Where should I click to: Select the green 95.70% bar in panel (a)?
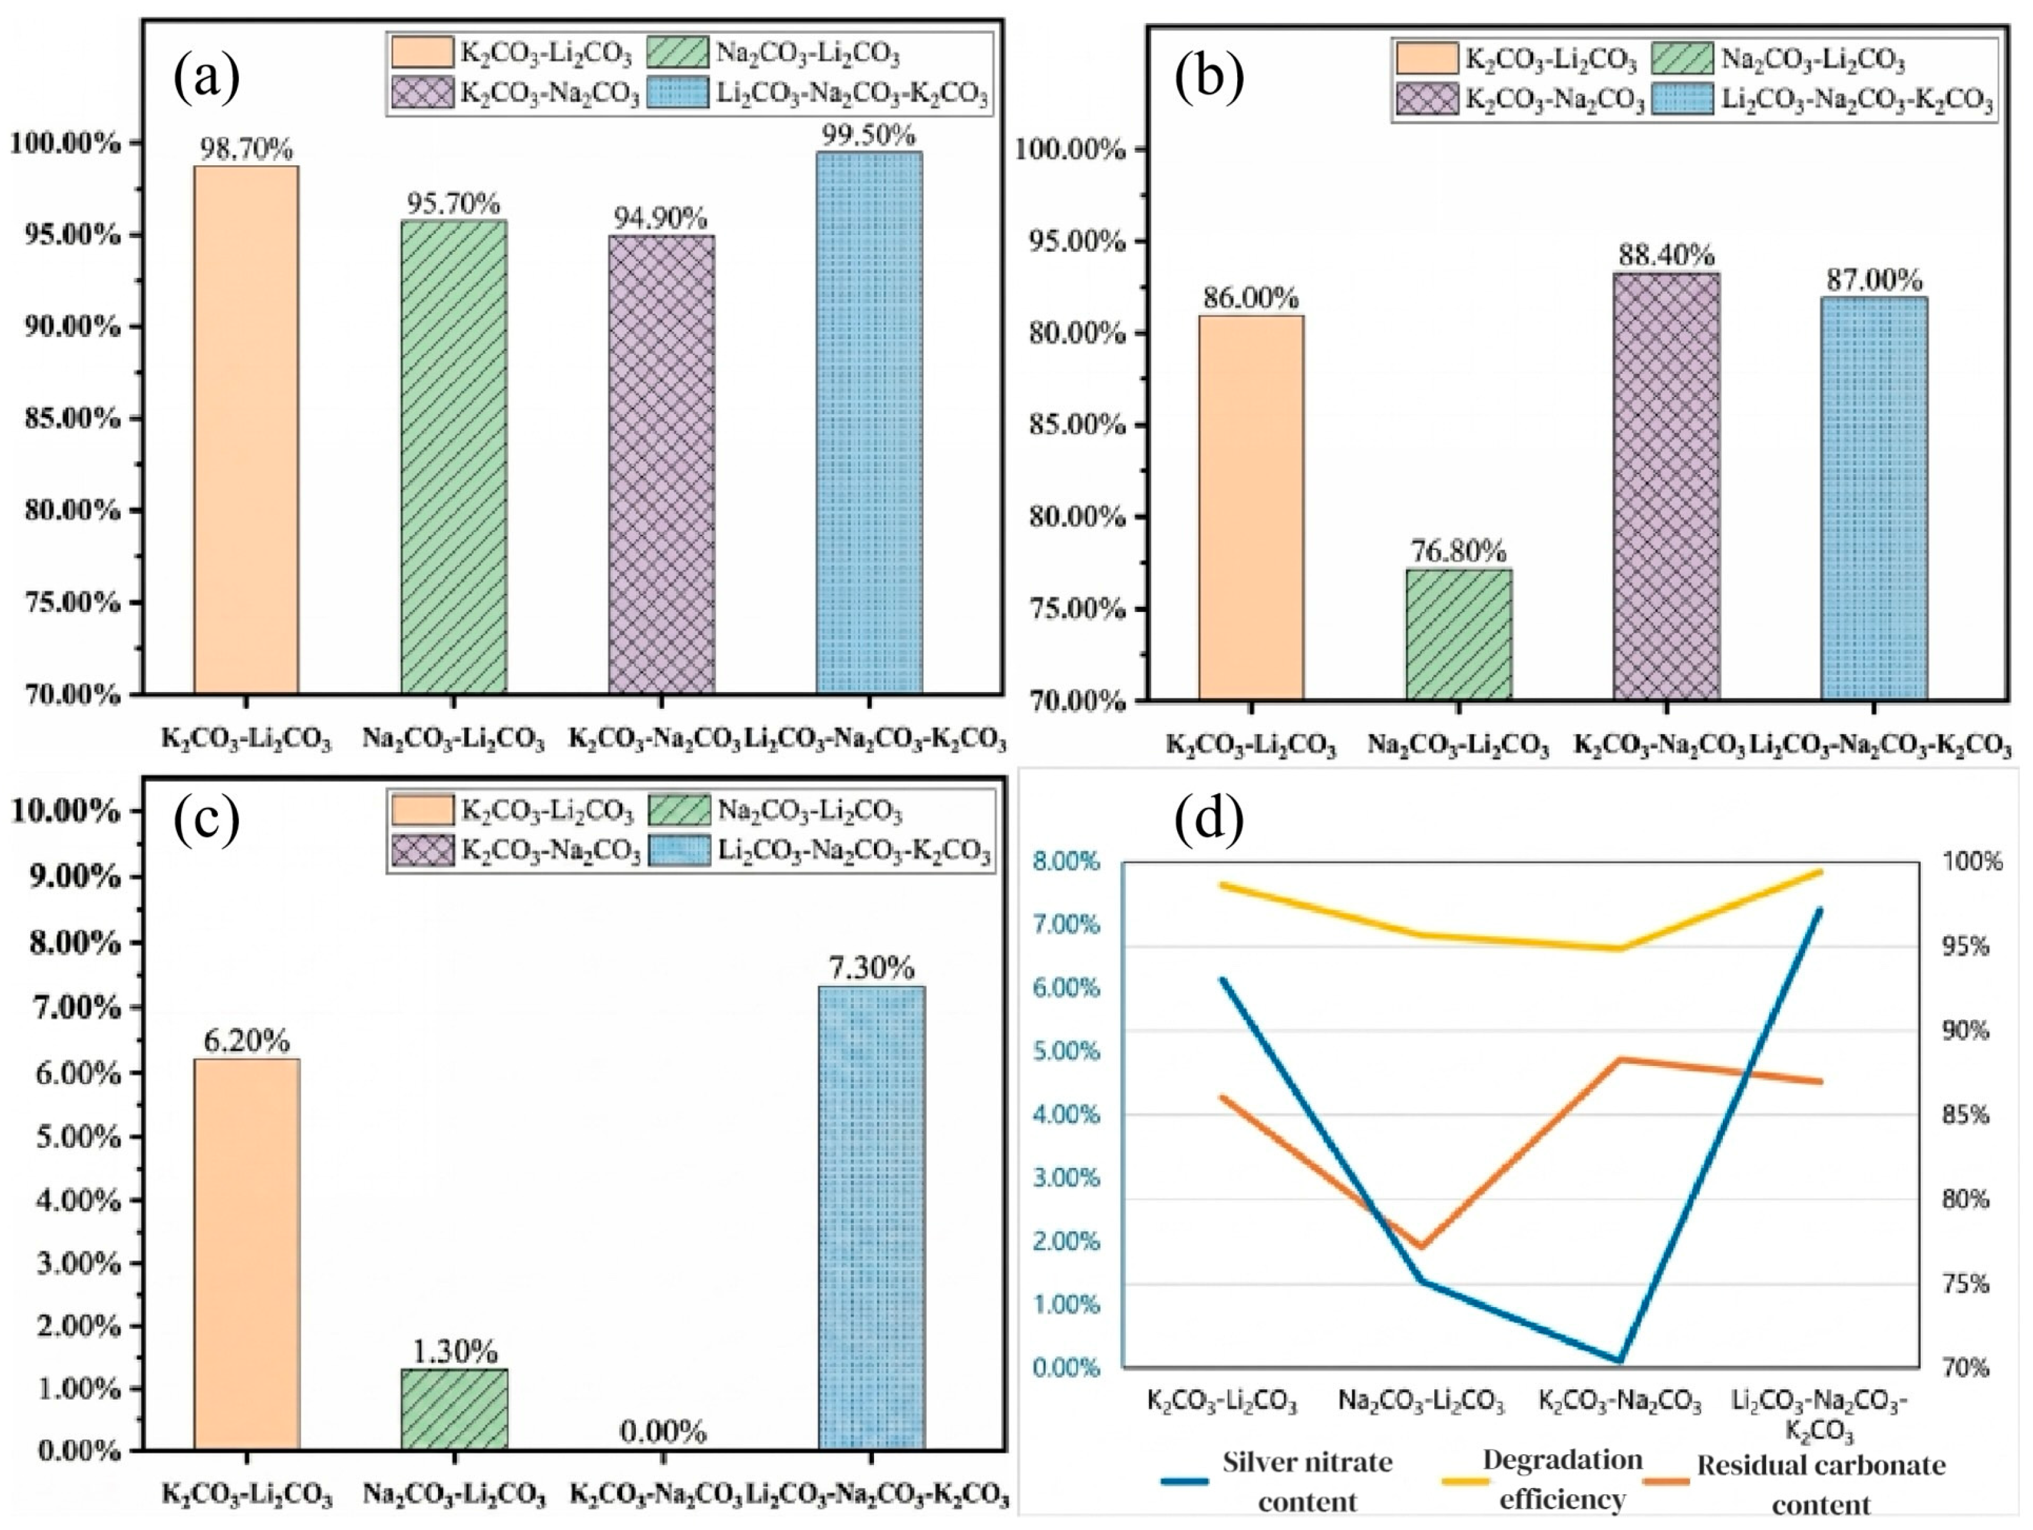tap(454, 457)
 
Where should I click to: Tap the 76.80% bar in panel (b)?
tap(1458, 635)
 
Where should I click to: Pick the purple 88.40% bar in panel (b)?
tap(1667, 487)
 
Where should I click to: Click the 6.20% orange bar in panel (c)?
tap(246, 1254)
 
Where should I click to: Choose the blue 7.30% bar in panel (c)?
tap(871, 1219)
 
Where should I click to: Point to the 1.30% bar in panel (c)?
tap(455, 1410)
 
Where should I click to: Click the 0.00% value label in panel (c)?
tap(663, 1431)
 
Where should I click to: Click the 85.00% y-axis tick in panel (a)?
tap(71, 419)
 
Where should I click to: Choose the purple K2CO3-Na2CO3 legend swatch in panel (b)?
tap(1427, 100)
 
